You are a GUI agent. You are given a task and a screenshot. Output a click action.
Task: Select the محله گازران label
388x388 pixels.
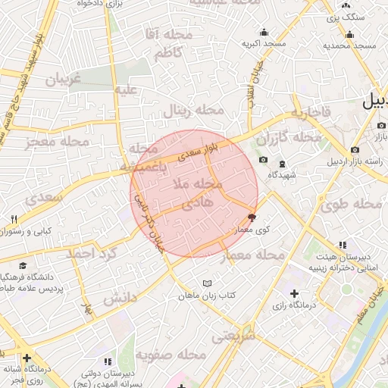(x=288, y=139)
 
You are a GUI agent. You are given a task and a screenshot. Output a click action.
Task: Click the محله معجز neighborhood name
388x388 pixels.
(x=57, y=142)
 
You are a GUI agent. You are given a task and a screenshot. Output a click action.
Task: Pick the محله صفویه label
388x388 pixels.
(x=171, y=355)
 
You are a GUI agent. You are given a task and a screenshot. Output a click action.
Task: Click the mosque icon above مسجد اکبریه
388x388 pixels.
(x=264, y=32)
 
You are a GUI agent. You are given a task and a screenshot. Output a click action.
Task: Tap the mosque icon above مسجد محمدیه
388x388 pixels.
(x=349, y=34)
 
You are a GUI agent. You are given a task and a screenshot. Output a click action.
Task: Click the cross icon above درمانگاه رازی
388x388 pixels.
(x=294, y=293)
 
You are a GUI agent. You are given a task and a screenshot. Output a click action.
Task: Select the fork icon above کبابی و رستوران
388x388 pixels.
(x=14, y=219)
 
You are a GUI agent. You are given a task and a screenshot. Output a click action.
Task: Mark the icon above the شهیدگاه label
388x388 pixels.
(x=282, y=164)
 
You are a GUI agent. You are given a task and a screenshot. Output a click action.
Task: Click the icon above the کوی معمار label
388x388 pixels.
(x=252, y=217)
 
